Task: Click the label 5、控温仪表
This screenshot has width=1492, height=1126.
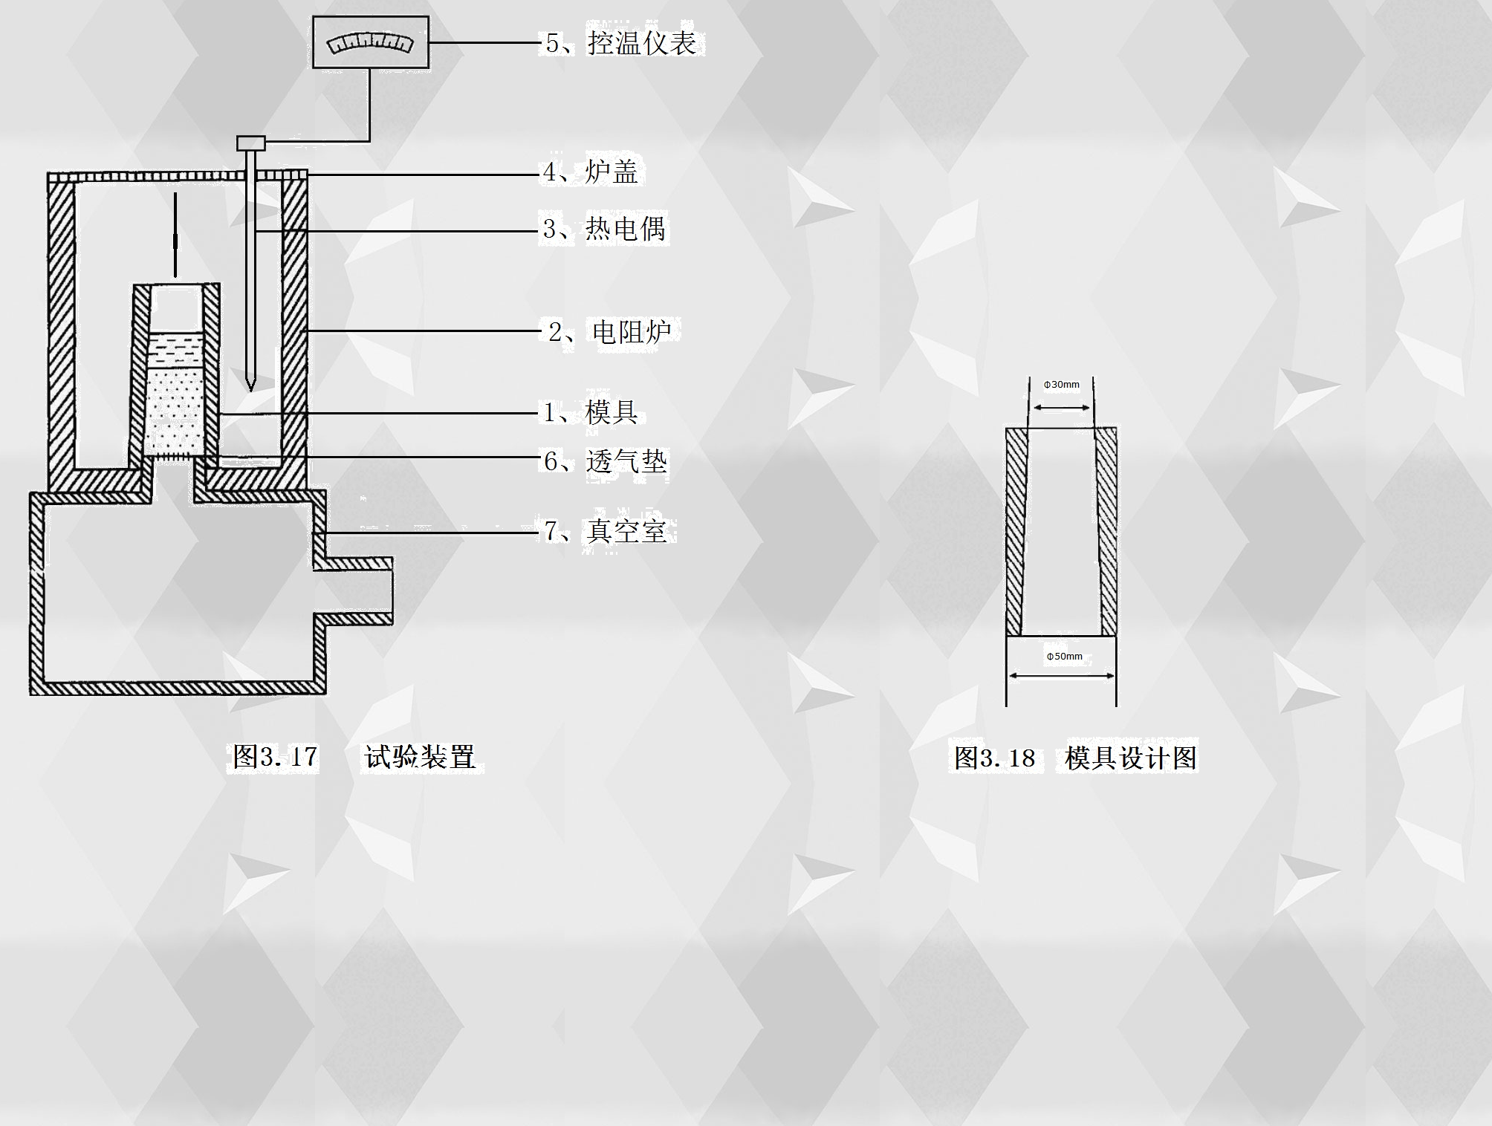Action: [622, 43]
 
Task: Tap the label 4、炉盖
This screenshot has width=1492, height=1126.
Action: [591, 172]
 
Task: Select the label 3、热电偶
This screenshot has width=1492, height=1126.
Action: [603, 228]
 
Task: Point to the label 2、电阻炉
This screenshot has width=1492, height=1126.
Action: [610, 331]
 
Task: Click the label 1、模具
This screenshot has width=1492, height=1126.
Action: [590, 411]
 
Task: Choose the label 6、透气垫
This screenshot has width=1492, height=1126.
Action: [606, 461]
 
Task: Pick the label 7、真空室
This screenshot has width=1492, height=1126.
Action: [606, 531]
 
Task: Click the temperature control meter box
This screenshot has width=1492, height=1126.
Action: [371, 43]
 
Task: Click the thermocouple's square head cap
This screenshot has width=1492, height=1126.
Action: [250, 142]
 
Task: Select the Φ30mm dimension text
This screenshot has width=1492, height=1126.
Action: [1061, 385]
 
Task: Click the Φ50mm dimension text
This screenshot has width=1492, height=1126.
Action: [1064, 657]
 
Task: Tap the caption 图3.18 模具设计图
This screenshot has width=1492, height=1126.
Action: [1075, 758]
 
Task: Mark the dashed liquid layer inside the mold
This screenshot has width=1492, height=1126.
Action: [176, 349]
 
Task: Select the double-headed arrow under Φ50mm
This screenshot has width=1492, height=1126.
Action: [1061, 676]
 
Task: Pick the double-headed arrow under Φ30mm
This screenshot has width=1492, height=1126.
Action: [1061, 407]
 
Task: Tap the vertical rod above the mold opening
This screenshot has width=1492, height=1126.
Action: [175, 234]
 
